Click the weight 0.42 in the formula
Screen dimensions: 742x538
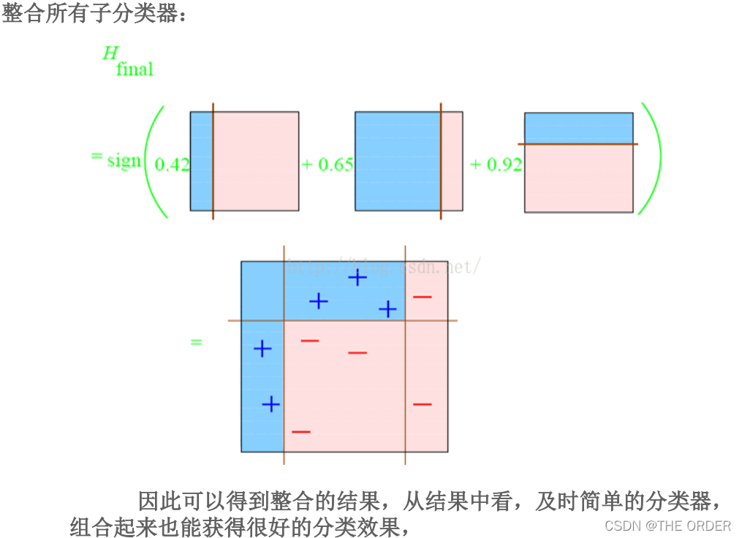coord(172,165)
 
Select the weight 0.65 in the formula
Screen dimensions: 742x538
coord(336,164)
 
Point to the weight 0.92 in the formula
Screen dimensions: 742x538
coord(504,164)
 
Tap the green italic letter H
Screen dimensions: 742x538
coord(110,53)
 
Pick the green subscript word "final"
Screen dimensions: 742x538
coord(135,70)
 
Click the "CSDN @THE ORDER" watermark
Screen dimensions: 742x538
coord(667,526)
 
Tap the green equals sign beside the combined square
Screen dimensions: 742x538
coord(196,342)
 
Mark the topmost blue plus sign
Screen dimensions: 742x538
coord(357,277)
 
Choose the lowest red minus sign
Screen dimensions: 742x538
coord(300,432)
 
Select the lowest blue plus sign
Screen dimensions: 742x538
coord(271,403)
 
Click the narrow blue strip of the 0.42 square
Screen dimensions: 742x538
coord(201,161)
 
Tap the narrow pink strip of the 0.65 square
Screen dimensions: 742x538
coord(452,161)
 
